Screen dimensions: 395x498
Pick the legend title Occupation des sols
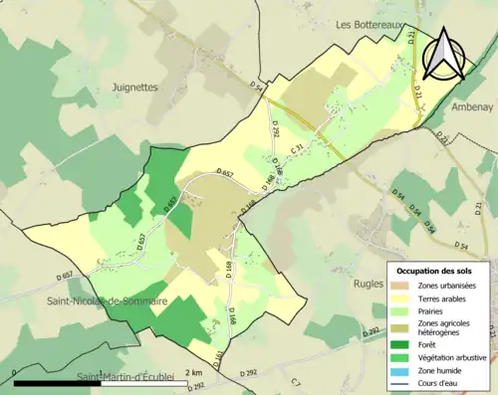pos(434,271)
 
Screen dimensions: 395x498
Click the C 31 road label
pos(296,149)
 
